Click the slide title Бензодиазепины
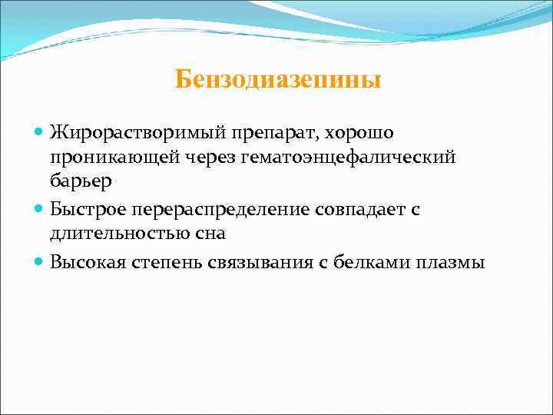point(277,79)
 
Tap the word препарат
point(258,132)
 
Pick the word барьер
point(81,181)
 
